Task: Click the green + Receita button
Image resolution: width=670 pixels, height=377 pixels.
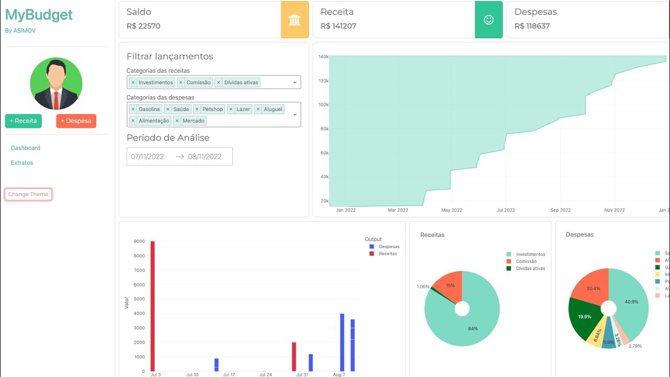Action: [x=24, y=121]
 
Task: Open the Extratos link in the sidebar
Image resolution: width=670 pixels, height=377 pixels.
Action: [x=22, y=163]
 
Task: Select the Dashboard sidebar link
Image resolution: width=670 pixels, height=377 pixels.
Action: [x=26, y=148]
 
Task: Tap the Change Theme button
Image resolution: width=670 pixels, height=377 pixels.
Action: [x=28, y=194]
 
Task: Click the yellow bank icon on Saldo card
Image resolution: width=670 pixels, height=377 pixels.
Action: [x=295, y=20]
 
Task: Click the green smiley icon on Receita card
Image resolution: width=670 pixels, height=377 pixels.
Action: [x=488, y=20]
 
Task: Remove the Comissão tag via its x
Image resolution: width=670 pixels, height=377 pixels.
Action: [x=181, y=83]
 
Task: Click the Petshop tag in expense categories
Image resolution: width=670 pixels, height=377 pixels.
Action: [x=213, y=109]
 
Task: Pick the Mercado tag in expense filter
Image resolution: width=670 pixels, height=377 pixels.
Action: [x=194, y=121]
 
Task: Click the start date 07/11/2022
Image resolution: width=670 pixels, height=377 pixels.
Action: [x=148, y=157]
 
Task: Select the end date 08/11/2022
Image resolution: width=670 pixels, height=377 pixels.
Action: [x=205, y=157]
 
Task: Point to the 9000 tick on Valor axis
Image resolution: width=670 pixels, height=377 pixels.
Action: [x=139, y=241]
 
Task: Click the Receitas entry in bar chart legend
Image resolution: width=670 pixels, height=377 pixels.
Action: [x=388, y=254]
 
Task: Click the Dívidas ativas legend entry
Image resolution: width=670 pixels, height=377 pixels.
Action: [x=530, y=269]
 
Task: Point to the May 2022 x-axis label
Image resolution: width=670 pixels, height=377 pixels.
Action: [x=452, y=210]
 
